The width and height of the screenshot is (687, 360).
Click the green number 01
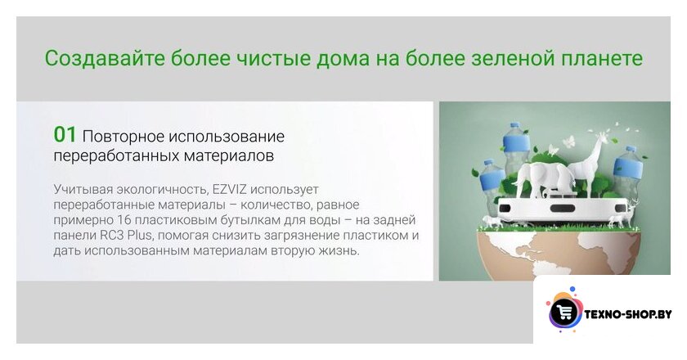pyautogui.click(x=65, y=135)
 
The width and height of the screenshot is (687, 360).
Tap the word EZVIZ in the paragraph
pyautogui.click(x=229, y=190)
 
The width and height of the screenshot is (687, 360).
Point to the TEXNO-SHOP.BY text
pyautogui.click(x=628, y=314)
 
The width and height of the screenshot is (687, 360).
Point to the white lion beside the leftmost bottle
pyautogui.click(x=494, y=222)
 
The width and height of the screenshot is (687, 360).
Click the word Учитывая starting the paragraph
pyautogui.click(x=83, y=190)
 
